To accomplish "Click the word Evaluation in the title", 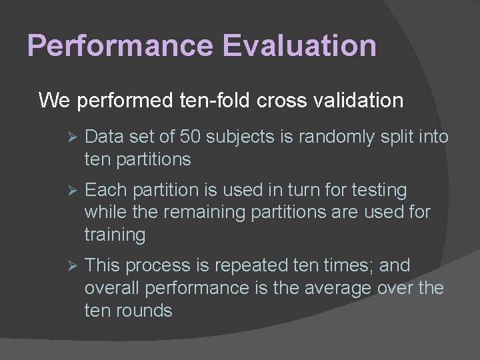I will (300, 46).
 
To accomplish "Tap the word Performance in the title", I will (121, 46).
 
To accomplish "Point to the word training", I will (115, 235).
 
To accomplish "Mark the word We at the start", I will (55, 101).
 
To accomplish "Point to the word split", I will (397, 137).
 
